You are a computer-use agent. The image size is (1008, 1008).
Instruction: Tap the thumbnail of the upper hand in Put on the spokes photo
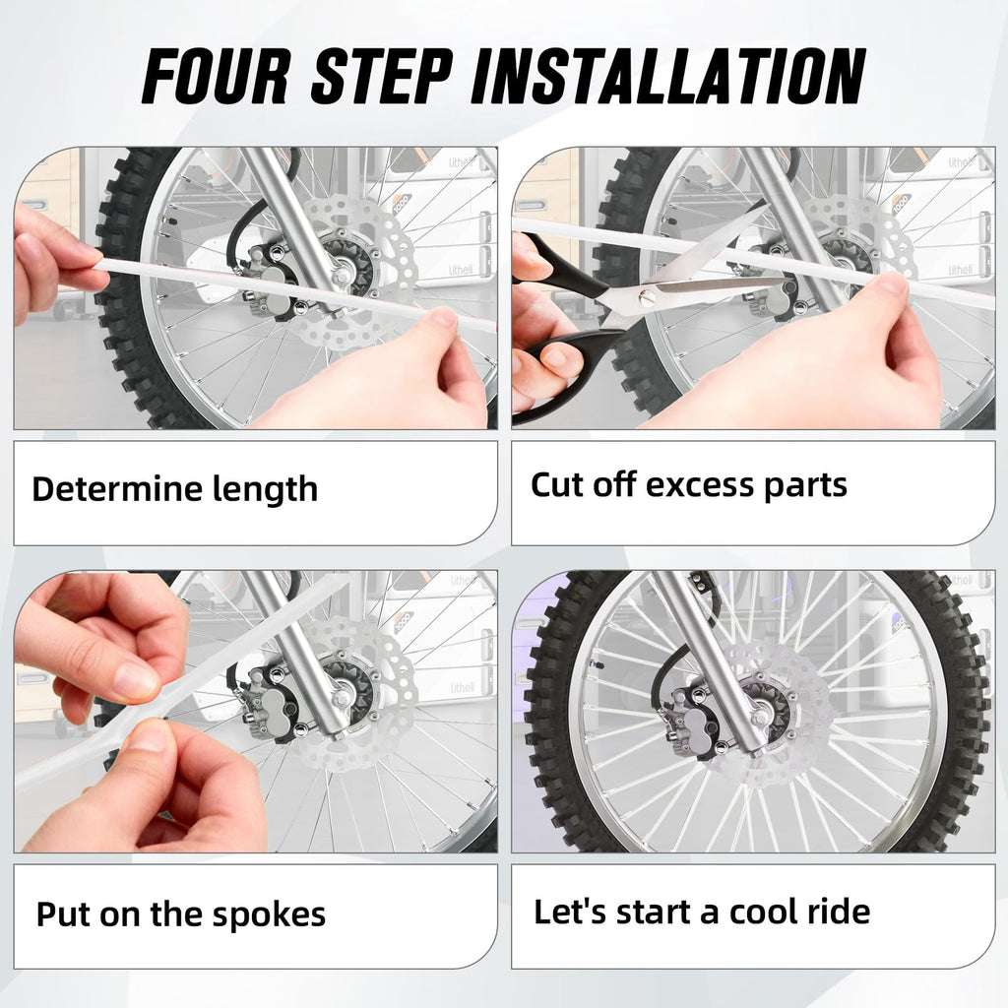pos(134,678)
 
